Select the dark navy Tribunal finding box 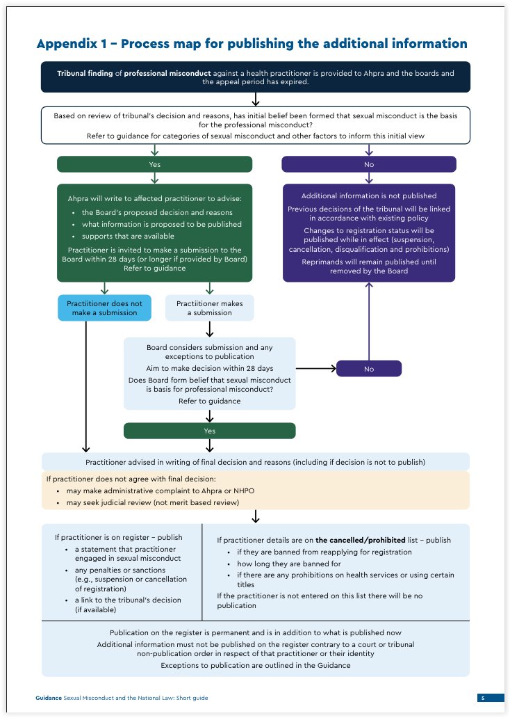coord(255,77)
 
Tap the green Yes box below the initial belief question coord(154,164)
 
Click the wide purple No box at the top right coord(368,164)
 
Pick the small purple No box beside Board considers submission coord(368,369)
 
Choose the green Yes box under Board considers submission coord(209,431)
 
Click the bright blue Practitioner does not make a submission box coord(104,308)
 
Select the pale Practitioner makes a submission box coord(209,308)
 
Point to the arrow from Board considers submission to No coord(315,369)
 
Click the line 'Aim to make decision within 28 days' coord(209,367)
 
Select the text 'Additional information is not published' coord(368,196)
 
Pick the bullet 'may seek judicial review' coord(151,502)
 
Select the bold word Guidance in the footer coord(48,698)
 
